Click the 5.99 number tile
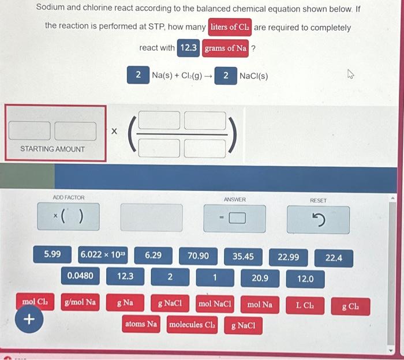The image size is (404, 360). [x=52, y=254]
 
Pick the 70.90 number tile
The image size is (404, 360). [x=198, y=255]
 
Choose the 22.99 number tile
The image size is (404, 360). [x=289, y=257]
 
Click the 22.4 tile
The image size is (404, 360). [x=334, y=258]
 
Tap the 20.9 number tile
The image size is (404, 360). [x=260, y=278]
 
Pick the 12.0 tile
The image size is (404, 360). [x=305, y=279]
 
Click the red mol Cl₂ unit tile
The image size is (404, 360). [x=34, y=301]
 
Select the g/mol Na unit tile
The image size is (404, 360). [x=81, y=301]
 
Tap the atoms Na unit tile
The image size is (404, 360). [x=141, y=324]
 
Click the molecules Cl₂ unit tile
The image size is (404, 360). [x=191, y=325]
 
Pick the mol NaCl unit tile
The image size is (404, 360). [x=215, y=303]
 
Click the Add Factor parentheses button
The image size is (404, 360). [x=68, y=217]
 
